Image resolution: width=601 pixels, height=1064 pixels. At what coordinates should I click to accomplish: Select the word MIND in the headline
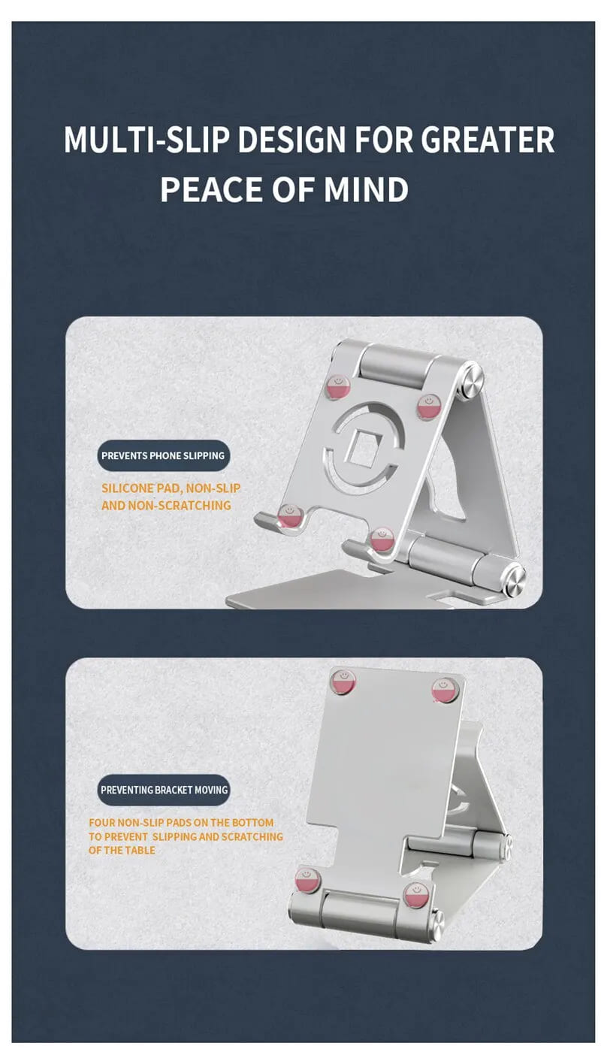(x=366, y=189)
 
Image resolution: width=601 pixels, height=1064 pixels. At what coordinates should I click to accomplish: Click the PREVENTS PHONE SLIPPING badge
(x=163, y=455)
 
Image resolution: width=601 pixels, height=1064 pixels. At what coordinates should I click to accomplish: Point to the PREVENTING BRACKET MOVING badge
(x=164, y=790)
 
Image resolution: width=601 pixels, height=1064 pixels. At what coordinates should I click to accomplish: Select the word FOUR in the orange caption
(x=101, y=822)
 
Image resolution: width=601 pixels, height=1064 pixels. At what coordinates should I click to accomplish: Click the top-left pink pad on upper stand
(x=337, y=386)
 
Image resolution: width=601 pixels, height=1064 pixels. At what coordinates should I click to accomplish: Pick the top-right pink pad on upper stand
(x=429, y=407)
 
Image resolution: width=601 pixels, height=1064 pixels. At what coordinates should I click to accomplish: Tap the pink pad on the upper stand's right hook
(x=382, y=539)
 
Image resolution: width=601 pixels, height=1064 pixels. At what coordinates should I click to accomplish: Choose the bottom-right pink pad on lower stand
(x=416, y=894)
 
